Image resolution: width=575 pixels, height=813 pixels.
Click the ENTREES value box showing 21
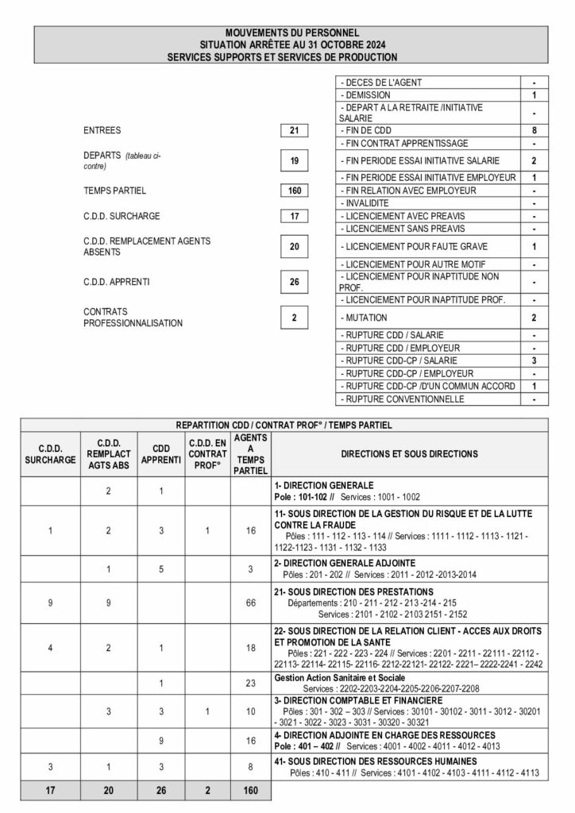(x=294, y=129)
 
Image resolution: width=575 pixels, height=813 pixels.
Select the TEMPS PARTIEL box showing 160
(x=294, y=191)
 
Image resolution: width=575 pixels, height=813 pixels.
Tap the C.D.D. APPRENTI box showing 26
(x=294, y=281)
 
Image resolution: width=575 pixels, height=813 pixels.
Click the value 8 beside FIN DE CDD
(x=534, y=129)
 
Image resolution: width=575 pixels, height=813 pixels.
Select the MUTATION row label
(x=366, y=318)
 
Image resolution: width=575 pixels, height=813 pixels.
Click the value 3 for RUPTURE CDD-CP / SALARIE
(x=534, y=360)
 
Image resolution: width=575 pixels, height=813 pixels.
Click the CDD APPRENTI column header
(x=161, y=453)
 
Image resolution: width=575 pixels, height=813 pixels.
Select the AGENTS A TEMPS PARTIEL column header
(x=250, y=454)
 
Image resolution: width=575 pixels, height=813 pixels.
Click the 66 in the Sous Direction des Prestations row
(x=250, y=604)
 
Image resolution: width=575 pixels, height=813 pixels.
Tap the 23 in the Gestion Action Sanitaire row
(x=250, y=681)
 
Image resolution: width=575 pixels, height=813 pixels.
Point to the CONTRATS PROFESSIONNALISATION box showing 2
(x=294, y=318)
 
